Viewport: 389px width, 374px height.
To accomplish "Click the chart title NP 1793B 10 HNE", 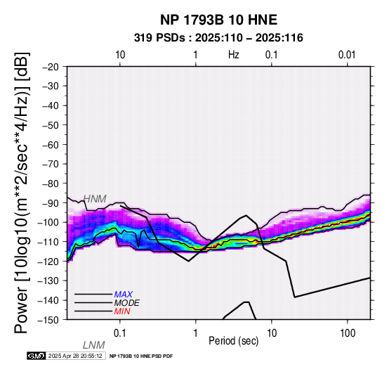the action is point(218,20).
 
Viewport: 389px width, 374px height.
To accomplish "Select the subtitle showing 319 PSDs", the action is point(218,38).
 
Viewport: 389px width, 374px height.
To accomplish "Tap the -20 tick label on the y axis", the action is point(51,67).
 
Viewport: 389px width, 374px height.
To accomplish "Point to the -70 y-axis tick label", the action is point(51,164).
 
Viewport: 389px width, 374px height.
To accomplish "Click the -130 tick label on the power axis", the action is point(48,280).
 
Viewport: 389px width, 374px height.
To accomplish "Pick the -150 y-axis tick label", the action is point(48,320).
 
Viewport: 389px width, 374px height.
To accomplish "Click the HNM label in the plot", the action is point(95,199).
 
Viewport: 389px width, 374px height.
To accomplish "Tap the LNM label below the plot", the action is point(94,345).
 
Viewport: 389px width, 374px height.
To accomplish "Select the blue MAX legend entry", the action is point(124,295).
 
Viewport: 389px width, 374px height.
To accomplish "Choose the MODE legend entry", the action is point(127,303).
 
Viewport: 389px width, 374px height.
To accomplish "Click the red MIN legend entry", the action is point(122,311).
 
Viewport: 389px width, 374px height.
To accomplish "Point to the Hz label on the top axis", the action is point(233,55).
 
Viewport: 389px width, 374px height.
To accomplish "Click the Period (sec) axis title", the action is point(233,341).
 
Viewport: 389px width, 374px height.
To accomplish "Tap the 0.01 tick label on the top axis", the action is point(347,55).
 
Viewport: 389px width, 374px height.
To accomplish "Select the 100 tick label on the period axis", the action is point(348,333).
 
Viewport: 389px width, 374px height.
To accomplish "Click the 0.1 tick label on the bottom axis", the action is point(120,333).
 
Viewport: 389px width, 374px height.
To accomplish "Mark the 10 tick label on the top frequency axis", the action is point(120,55).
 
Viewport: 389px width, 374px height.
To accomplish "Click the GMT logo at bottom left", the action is point(37,356).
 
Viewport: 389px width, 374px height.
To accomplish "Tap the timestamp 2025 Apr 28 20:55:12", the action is point(75,356).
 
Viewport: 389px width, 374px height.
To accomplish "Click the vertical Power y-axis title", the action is point(21,193).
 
